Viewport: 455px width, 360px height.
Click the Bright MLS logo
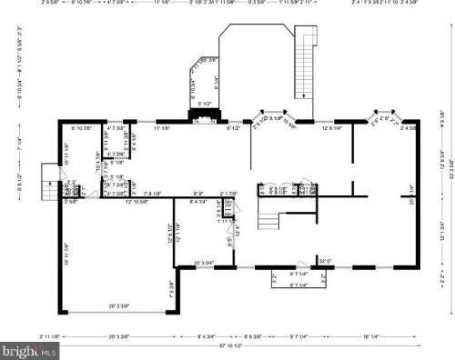coord(28,349)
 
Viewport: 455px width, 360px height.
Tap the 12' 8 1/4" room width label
coord(331,129)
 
